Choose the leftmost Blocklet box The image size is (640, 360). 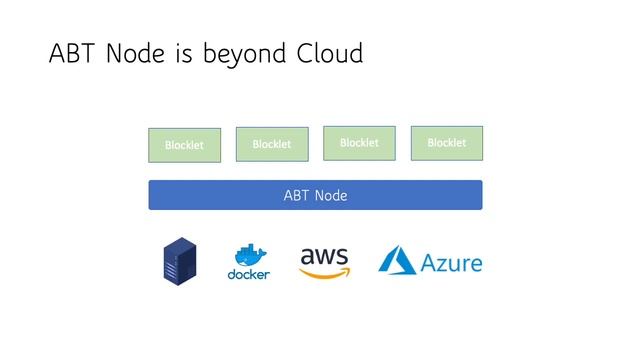(x=184, y=145)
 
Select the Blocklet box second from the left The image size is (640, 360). (x=271, y=144)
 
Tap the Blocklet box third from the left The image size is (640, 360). (x=359, y=143)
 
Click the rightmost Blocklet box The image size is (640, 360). (x=446, y=143)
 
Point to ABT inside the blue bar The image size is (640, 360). (x=298, y=195)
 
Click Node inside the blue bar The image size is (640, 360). (x=331, y=195)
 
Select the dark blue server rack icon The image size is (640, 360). (x=179, y=262)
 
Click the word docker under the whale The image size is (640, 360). (x=249, y=275)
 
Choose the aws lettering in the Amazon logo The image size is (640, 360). (x=325, y=256)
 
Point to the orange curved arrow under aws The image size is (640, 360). (x=327, y=272)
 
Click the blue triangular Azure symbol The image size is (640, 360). (x=397, y=261)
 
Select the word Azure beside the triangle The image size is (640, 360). (x=451, y=264)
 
